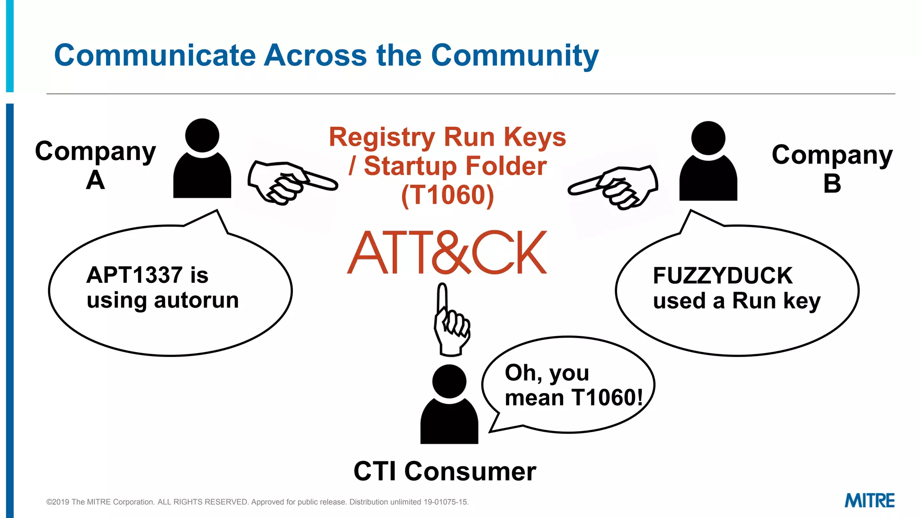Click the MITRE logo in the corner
(x=869, y=500)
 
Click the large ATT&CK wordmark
(x=447, y=253)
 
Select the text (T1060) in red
(x=447, y=195)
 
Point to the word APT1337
(x=134, y=275)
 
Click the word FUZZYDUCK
(x=722, y=276)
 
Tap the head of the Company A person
(x=202, y=135)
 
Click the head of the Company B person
(x=708, y=138)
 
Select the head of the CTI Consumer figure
(x=449, y=381)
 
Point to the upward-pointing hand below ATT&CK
(x=451, y=321)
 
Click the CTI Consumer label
(x=445, y=471)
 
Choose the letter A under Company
(x=95, y=180)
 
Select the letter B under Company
(x=832, y=183)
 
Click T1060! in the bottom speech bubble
(x=607, y=397)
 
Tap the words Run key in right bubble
(x=776, y=301)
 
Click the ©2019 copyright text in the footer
(x=257, y=502)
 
